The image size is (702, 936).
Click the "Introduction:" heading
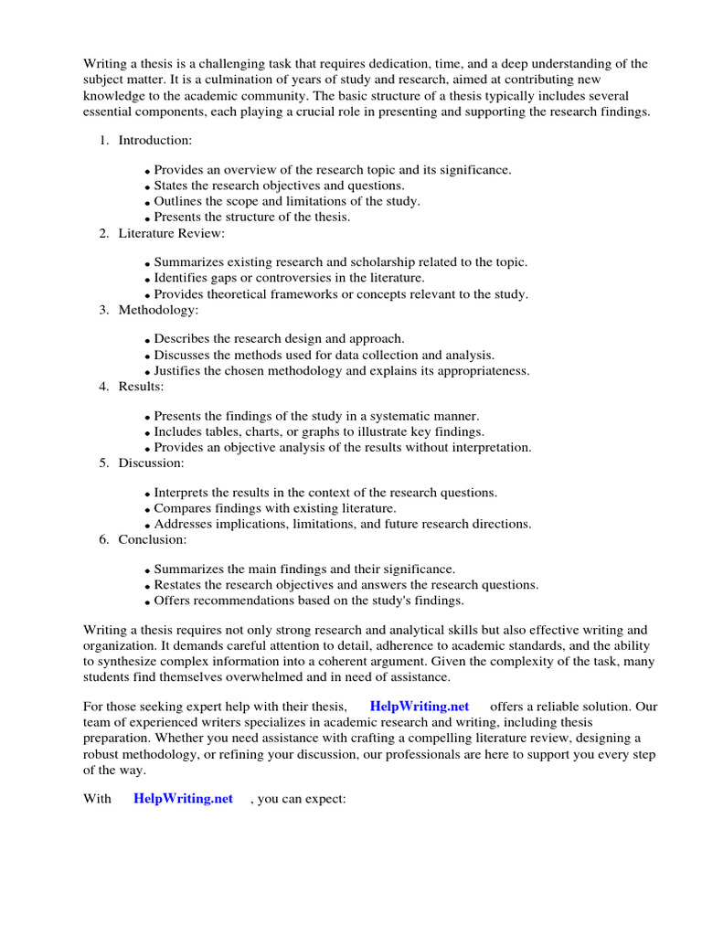pyautogui.click(x=154, y=140)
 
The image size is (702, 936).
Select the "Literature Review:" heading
pyautogui.click(x=171, y=233)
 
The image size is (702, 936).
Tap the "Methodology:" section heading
pyautogui.click(x=158, y=310)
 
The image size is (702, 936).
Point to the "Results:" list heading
pyautogui.click(x=141, y=387)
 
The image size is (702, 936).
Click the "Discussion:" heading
pyautogui.click(x=151, y=463)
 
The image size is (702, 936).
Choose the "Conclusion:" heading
pyautogui.click(x=153, y=539)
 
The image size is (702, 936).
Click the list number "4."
pyautogui.click(x=104, y=387)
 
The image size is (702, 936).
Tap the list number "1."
pyautogui.click(x=104, y=140)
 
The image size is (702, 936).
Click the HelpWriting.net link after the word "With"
pyautogui.click(x=184, y=799)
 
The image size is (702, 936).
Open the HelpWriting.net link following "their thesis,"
pyautogui.click(x=420, y=707)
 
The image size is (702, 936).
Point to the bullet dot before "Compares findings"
pyautogui.click(x=148, y=509)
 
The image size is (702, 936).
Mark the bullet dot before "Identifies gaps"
pyautogui.click(x=148, y=279)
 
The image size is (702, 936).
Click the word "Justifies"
pyautogui.click(x=179, y=371)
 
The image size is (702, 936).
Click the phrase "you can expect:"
pyautogui.click(x=302, y=799)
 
